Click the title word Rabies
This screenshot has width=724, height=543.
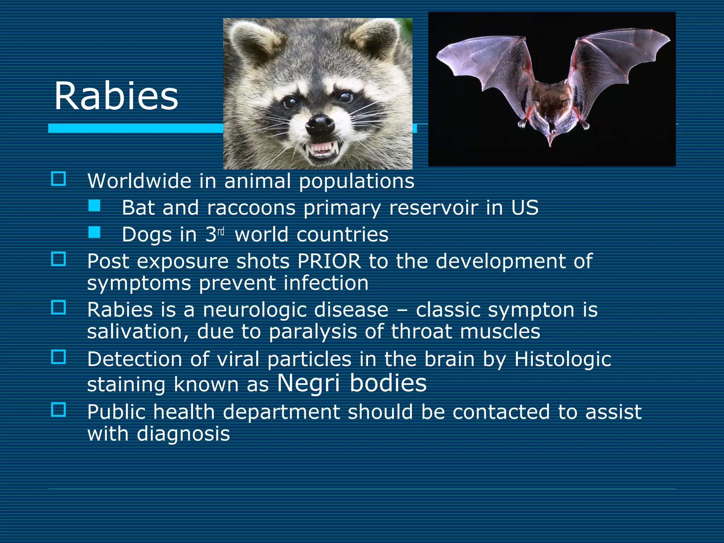116,96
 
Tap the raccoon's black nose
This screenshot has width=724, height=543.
320,124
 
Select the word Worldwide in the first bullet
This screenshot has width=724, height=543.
139,181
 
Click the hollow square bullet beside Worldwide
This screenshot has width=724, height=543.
59,179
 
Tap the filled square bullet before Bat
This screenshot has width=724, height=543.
94,206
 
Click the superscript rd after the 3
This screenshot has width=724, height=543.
221,232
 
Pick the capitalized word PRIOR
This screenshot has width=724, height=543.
329,261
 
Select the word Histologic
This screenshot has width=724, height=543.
562,359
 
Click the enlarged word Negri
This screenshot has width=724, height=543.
308,383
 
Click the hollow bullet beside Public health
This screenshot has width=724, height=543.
59,410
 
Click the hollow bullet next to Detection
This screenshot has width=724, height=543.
59,357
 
